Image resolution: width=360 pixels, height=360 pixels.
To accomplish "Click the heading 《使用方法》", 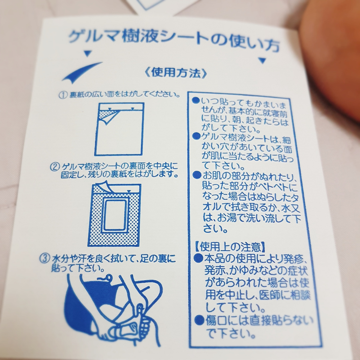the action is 176,73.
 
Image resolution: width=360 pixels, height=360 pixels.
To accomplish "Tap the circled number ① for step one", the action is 63,95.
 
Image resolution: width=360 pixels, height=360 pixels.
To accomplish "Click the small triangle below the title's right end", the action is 262,60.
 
